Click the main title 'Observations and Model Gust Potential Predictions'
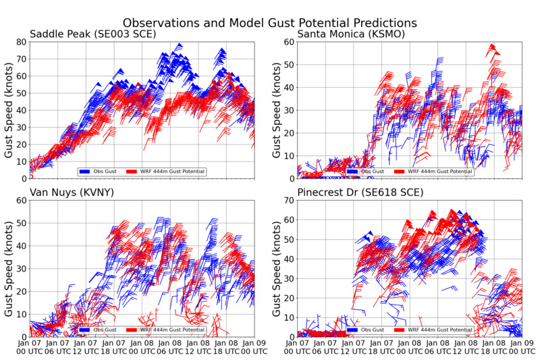point(270,23)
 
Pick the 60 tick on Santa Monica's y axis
point(288,42)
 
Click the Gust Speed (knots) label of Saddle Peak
point(9,110)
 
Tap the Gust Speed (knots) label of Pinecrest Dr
point(275,268)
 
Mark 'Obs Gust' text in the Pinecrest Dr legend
point(373,330)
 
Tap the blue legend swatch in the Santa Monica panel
point(352,172)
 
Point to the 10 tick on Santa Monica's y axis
point(288,156)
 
